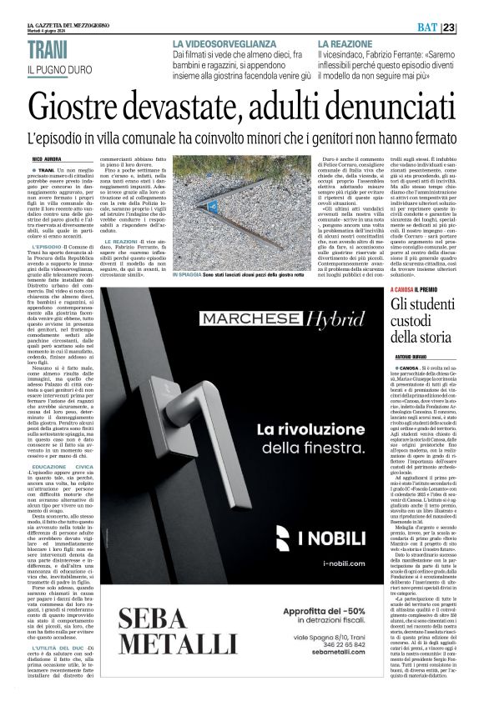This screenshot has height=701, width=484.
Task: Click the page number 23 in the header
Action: pos(471,28)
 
